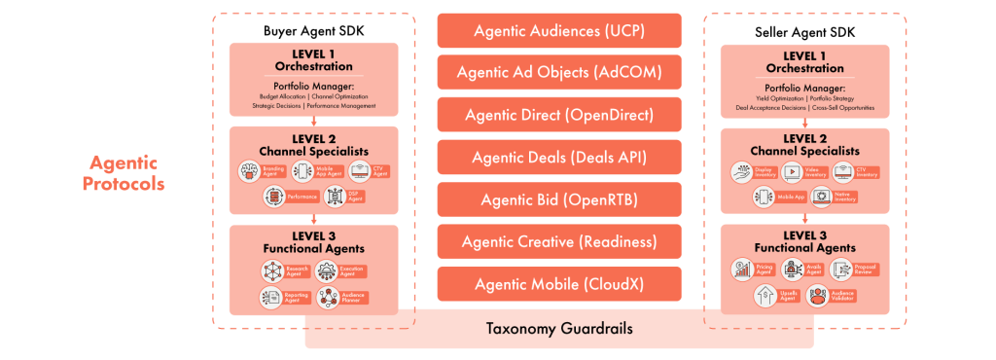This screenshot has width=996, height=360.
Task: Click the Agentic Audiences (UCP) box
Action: point(558,30)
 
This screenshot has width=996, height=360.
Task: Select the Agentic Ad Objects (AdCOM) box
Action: point(558,72)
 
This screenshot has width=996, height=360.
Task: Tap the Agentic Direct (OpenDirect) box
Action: point(558,115)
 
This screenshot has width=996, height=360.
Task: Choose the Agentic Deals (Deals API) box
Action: point(558,157)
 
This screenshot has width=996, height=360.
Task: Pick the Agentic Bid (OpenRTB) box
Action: point(558,198)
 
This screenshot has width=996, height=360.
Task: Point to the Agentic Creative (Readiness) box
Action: point(558,241)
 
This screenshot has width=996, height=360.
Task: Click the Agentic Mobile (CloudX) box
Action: point(558,283)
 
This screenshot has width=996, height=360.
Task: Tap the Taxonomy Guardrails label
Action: point(558,328)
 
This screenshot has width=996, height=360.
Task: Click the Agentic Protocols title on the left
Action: point(124,173)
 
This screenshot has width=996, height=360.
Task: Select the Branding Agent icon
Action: point(248,171)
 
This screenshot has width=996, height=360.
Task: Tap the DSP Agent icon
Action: point(331,197)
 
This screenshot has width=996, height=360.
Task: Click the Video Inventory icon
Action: point(791,172)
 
